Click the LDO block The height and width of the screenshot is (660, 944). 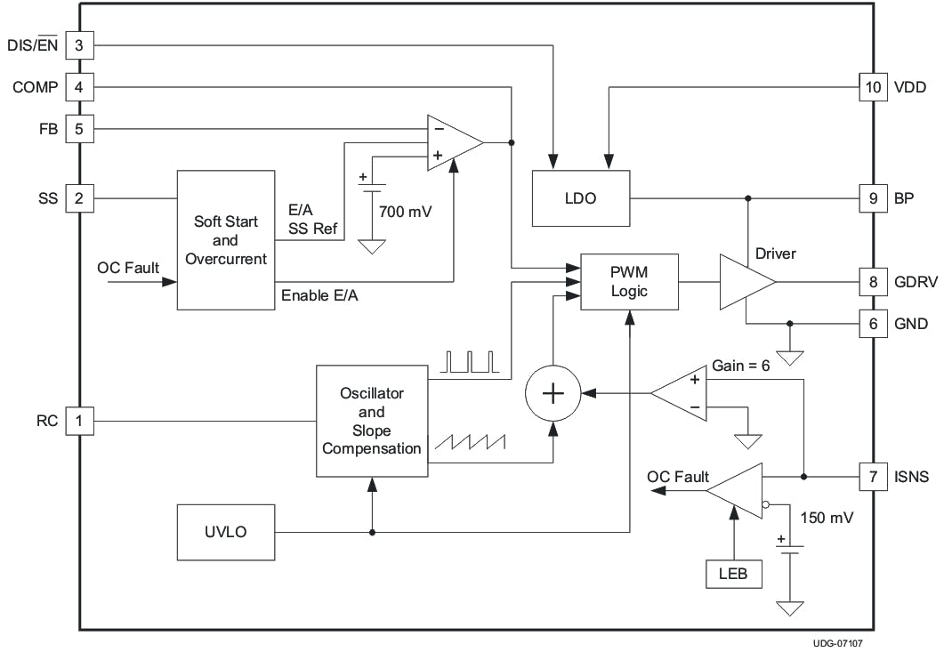point(580,197)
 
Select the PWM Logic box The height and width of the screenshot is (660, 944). point(629,282)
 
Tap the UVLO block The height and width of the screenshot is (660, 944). point(225,532)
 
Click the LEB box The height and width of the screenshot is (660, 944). point(733,574)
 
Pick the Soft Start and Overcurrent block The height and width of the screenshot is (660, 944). point(225,240)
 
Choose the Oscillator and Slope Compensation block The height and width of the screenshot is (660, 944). point(372,420)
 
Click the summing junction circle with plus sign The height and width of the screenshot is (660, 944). point(553,392)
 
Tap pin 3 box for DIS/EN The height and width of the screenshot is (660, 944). point(79,44)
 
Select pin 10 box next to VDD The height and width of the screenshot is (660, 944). point(873,87)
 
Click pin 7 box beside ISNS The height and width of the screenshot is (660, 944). point(873,477)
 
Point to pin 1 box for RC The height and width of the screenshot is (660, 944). point(79,421)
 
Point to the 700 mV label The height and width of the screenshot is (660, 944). point(406,212)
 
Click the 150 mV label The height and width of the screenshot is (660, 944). point(827,517)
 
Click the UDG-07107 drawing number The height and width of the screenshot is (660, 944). point(836,644)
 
